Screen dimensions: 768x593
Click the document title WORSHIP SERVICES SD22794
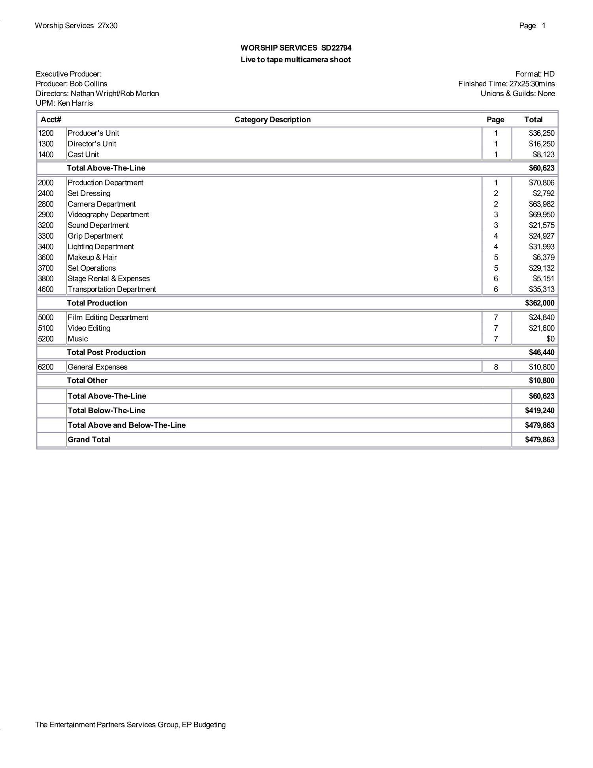click(296, 48)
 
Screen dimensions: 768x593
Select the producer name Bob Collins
click(89, 84)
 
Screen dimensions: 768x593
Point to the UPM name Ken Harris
click(75, 103)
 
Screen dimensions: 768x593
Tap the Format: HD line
click(535, 74)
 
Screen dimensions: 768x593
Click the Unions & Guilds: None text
click(517, 94)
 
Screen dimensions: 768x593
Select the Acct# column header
click(51, 119)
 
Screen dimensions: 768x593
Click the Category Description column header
click(272, 119)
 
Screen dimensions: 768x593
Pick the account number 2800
click(46, 204)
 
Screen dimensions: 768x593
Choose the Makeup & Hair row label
click(92, 258)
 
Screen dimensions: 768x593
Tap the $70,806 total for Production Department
click(542, 183)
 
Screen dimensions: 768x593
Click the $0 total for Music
click(550, 339)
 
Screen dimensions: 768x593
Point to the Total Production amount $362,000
click(540, 303)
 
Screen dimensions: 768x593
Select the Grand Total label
click(89, 440)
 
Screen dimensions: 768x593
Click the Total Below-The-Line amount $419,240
click(540, 411)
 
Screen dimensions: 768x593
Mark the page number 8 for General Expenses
click(496, 367)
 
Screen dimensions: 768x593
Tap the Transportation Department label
click(111, 290)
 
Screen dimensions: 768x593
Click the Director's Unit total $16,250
click(542, 144)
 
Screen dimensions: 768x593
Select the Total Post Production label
click(106, 353)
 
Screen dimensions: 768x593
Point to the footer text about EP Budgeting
click(130, 725)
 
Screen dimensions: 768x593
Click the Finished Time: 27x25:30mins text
click(506, 84)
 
